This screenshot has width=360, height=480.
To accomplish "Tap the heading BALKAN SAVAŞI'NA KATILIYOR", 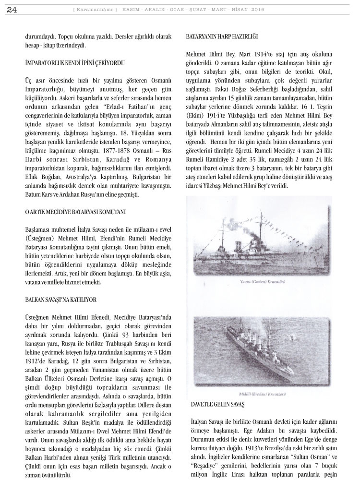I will click(61, 299).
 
